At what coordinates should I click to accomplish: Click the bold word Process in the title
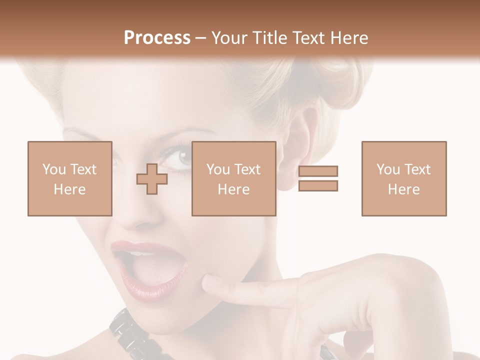click(x=157, y=38)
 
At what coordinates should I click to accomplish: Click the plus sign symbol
click(x=152, y=179)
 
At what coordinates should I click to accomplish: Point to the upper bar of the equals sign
click(x=318, y=171)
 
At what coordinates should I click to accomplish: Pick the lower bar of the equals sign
click(x=318, y=185)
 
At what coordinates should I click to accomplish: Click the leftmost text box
click(x=70, y=178)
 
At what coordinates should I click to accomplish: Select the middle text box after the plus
click(x=233, y=178)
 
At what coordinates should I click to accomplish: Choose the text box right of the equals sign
click(x=403, y=178)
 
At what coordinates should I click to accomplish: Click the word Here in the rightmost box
click(x=403, y=189)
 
